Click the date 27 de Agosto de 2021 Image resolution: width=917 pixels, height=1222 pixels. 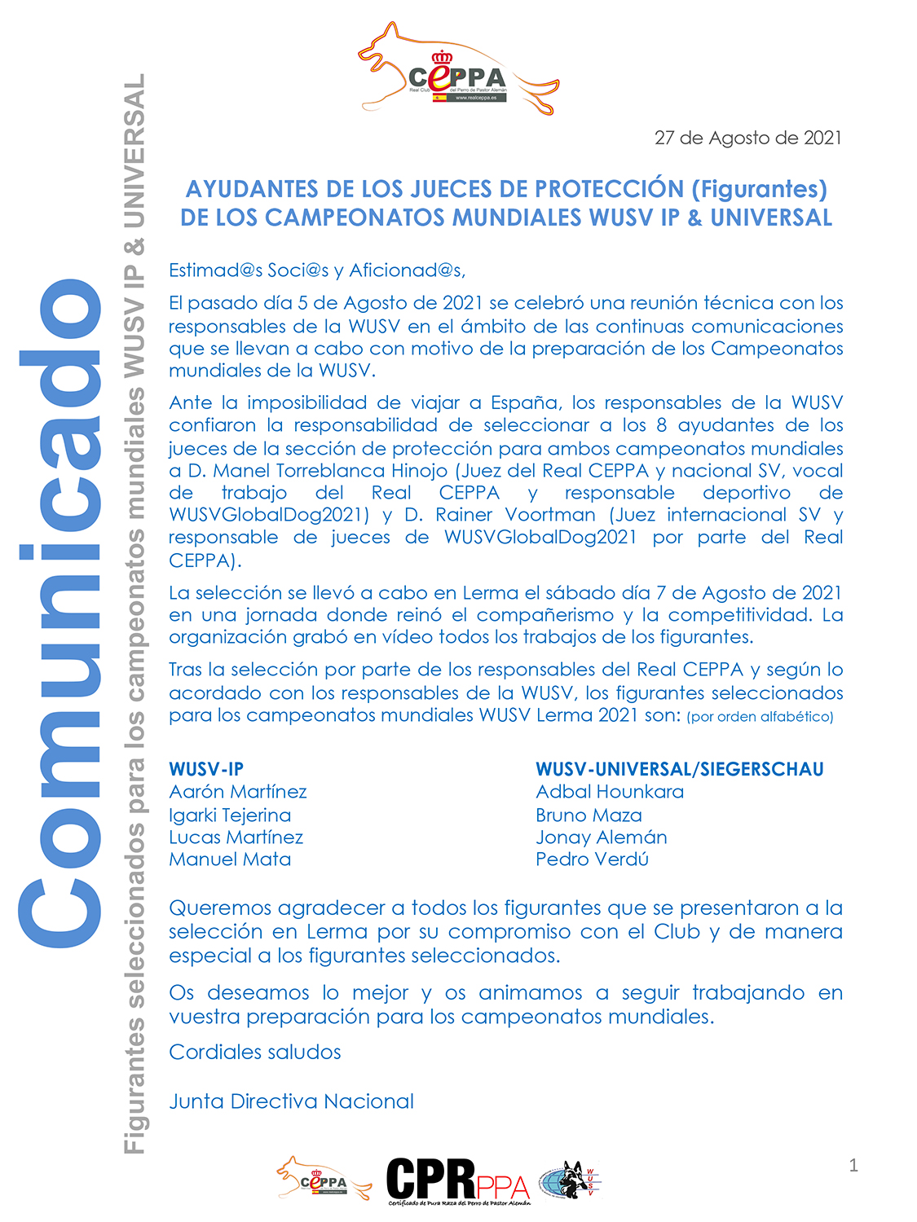point(747,138)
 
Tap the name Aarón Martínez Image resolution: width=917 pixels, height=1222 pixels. point(238,792)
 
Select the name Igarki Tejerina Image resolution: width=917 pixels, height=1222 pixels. point(230,815)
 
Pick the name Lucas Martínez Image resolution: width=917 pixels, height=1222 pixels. point(236,837)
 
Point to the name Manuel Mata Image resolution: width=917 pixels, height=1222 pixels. point(230,859)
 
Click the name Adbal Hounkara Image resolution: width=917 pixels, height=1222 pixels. point(610,792)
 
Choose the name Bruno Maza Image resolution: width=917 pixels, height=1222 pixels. point(589,815)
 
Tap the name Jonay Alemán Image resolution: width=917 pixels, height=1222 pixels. point(602,837)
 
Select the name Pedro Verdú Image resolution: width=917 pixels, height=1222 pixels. point(592,859)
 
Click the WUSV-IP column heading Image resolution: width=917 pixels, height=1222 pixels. point(206,769)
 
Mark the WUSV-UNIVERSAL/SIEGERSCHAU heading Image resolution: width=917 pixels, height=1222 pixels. point(680,769)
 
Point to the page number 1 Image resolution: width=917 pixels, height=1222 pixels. point(853,1166)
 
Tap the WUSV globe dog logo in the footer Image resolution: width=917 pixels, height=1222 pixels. point(570,1180)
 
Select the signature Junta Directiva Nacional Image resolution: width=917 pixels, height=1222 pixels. point(291,1101)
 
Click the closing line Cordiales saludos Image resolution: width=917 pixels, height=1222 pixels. point(255,1052)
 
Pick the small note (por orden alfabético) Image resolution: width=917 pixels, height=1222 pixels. point(760,717)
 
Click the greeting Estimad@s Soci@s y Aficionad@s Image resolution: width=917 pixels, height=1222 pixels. point(317,270)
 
